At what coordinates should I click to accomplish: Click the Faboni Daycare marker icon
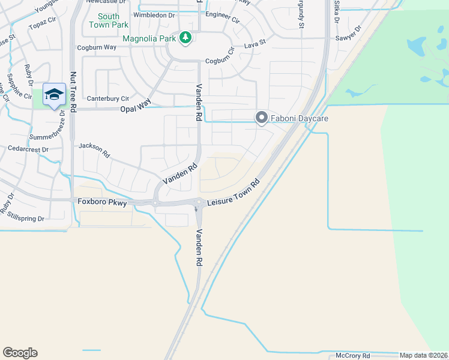[261, 118]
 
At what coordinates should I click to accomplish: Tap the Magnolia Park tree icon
[186, 38]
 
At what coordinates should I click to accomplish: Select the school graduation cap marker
[54, 95]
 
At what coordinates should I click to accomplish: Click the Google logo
[20, 353]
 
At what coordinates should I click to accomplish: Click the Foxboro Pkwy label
[102, 202]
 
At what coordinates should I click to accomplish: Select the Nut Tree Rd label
[73, 90]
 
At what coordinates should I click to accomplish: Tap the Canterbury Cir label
[108, 98]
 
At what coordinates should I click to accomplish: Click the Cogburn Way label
[97, 47]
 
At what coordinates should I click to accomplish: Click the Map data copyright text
[424, 355]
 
